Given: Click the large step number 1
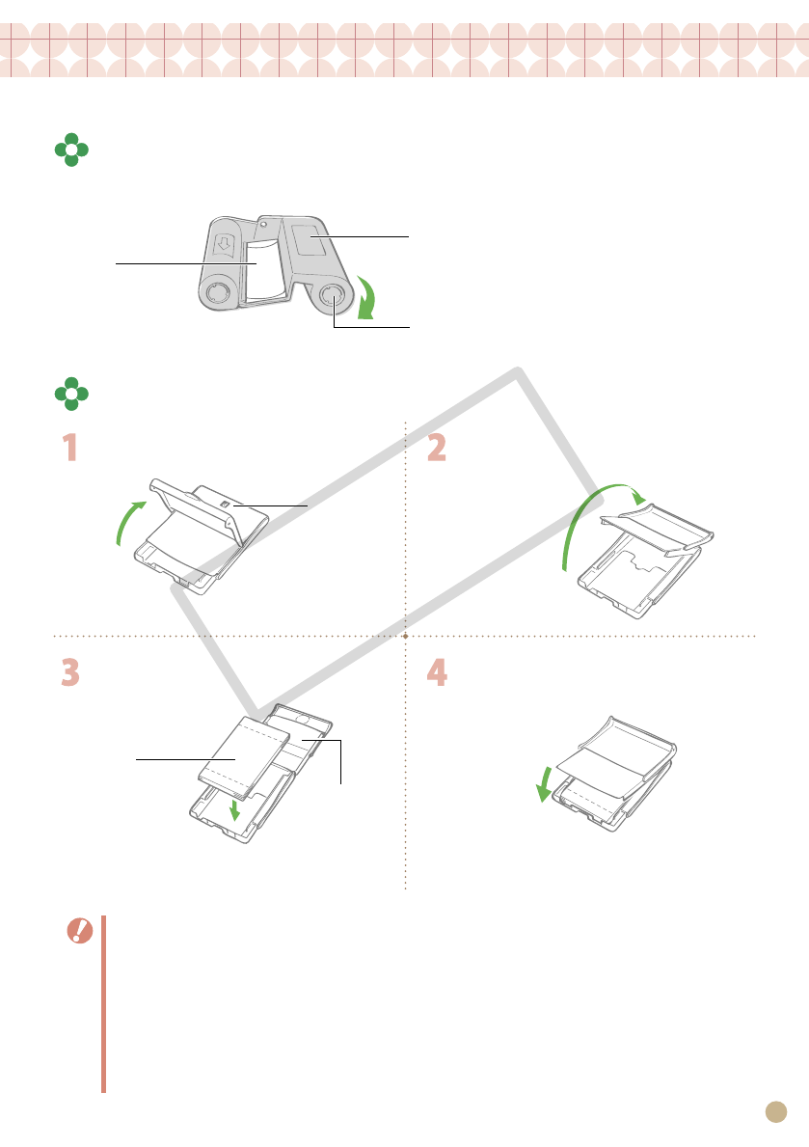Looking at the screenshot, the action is pos(70,448).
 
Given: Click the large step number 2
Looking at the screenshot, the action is pos(437,448).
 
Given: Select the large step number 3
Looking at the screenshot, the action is pos(70,672).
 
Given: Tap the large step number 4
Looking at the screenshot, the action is pos(437,672).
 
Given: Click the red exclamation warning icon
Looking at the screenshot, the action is pos(80,931).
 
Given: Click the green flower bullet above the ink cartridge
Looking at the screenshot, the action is pos(71,150).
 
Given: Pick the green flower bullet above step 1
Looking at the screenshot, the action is pos(71,394).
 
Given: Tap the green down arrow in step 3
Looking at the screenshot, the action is pos(234,809).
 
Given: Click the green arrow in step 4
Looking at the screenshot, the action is pos(544,784).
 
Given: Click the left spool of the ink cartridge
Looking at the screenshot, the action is pos(216,293).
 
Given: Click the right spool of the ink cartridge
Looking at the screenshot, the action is pos(333,295).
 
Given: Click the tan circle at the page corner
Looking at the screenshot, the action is pos(776,1112).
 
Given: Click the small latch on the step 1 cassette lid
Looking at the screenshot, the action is pos(226,505).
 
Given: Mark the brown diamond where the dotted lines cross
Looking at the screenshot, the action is pos(405,637).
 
